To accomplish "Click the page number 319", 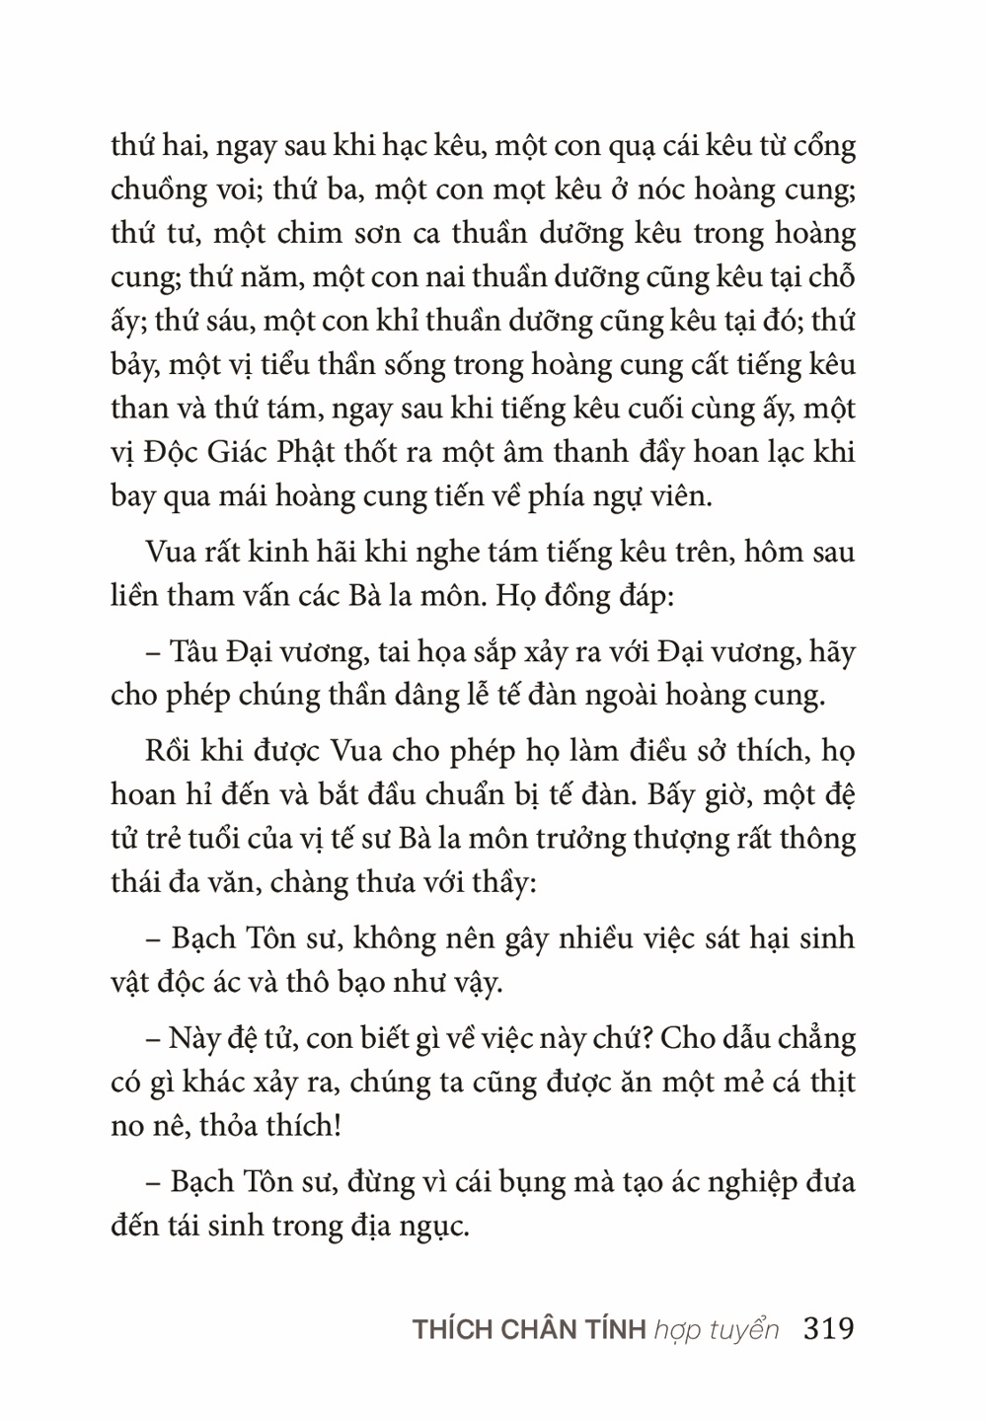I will (x=829, y=1328).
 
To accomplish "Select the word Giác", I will (x=227, y=453).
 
